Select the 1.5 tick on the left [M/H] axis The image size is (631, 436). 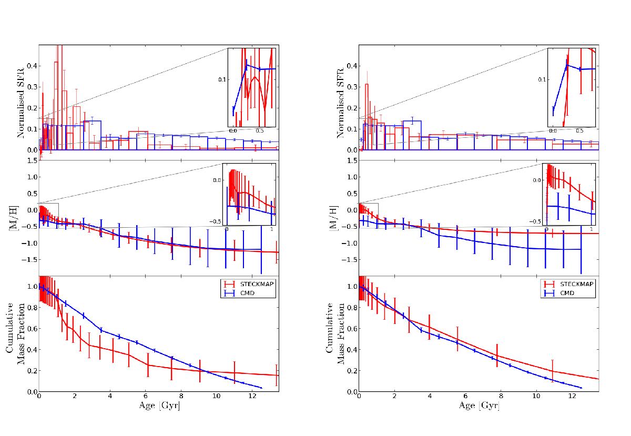[x=32, y=160]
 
